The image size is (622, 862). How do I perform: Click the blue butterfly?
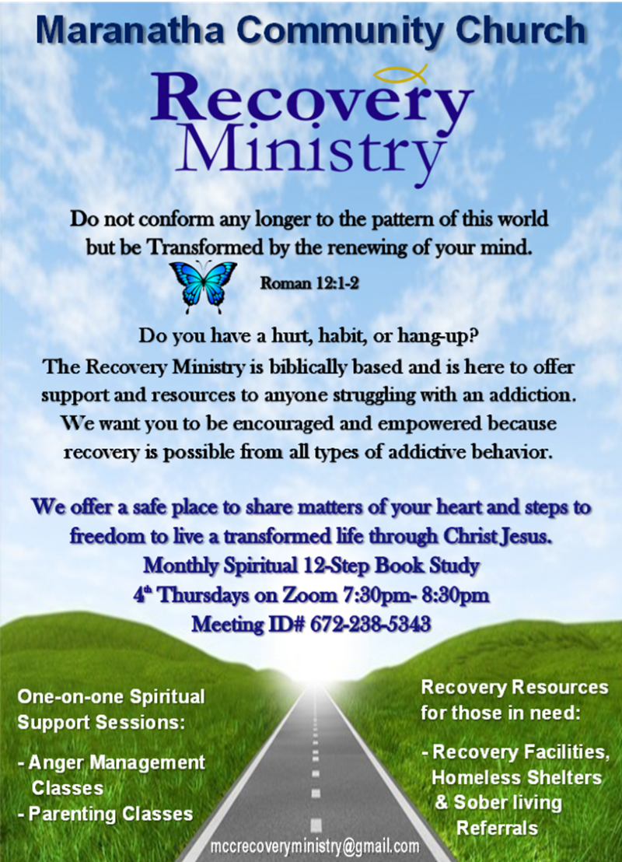click(203, 286)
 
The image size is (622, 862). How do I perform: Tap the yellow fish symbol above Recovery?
click(400, 74)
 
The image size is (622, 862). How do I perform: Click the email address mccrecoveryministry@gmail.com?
click(315, 846)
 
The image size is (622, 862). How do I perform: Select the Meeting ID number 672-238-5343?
click(370, 625)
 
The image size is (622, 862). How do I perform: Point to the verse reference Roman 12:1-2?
click(309, 283)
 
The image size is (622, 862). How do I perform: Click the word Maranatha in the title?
click(130, 30)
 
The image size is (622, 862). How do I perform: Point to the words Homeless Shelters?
click(516, 777)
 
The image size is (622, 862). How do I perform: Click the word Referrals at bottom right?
click(498, 828)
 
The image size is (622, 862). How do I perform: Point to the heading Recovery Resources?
click(514, 687)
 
